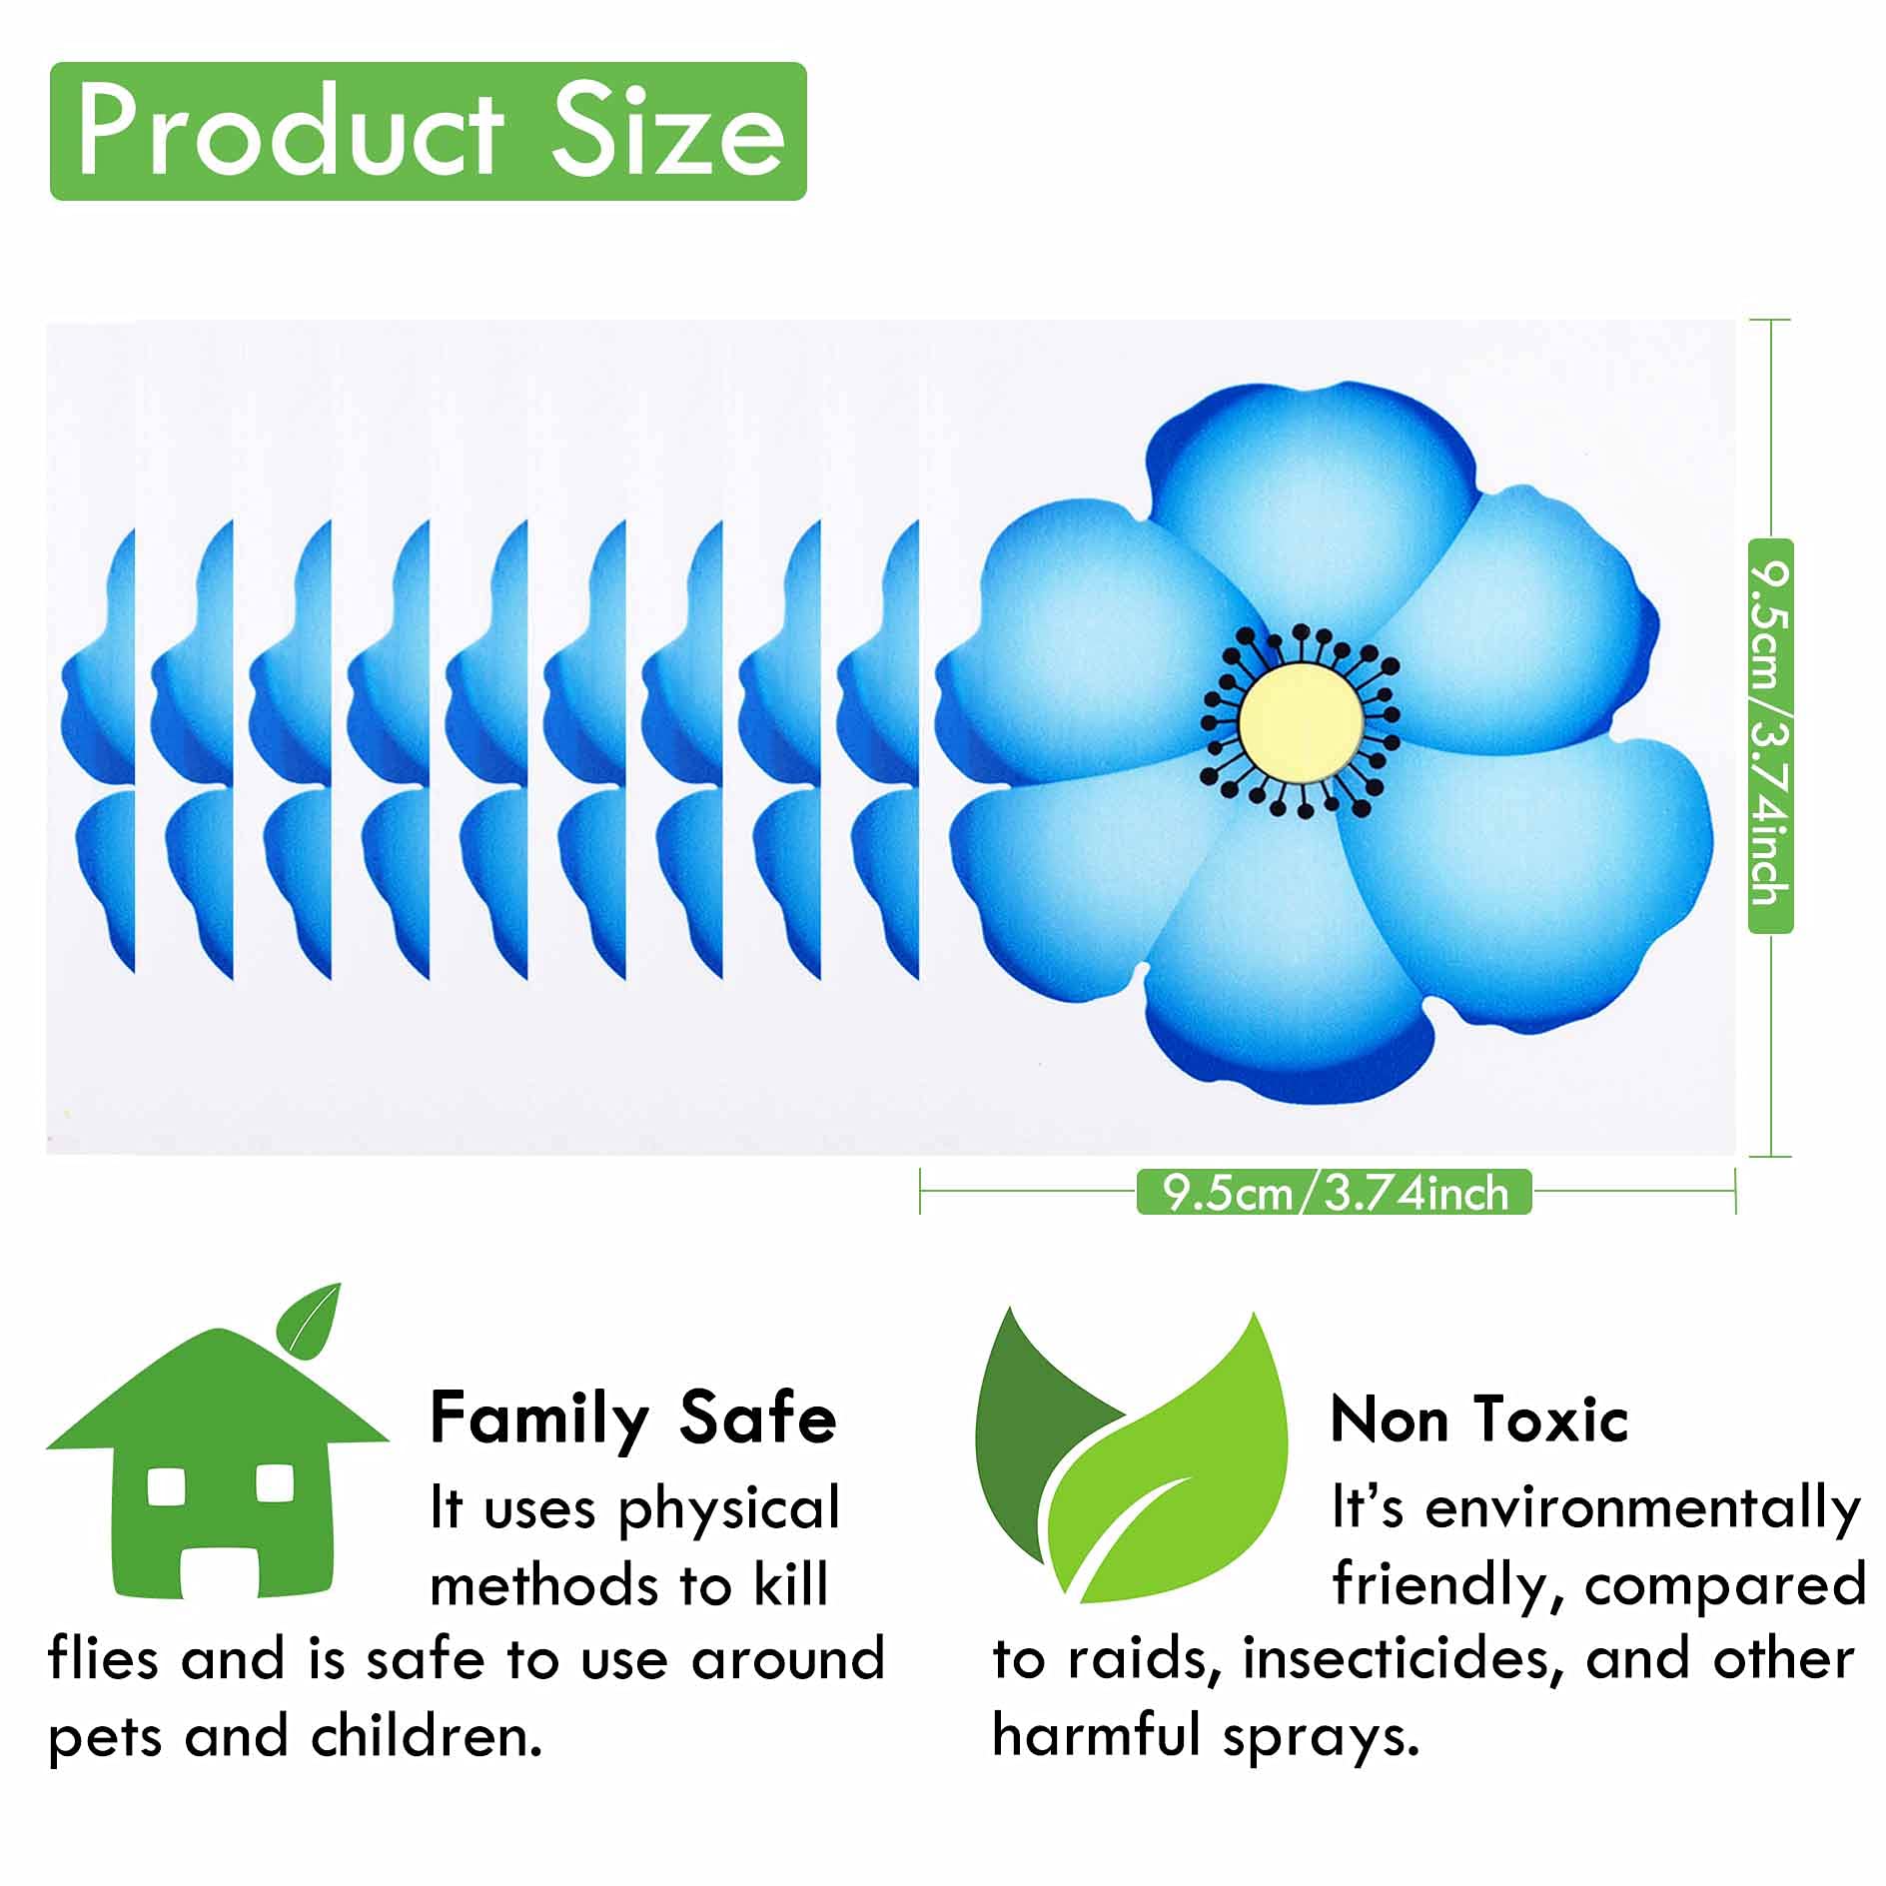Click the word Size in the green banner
coord(668,132)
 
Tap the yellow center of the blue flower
coord(1301,718)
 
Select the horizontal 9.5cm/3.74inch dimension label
coord(1334,1193)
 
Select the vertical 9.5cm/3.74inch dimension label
coord(1771,736)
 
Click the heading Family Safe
coord(633,1418)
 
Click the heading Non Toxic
coord(1479,1418)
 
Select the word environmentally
coord(1644,1509)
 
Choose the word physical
coord(729,1511)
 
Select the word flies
coord(103,1659)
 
